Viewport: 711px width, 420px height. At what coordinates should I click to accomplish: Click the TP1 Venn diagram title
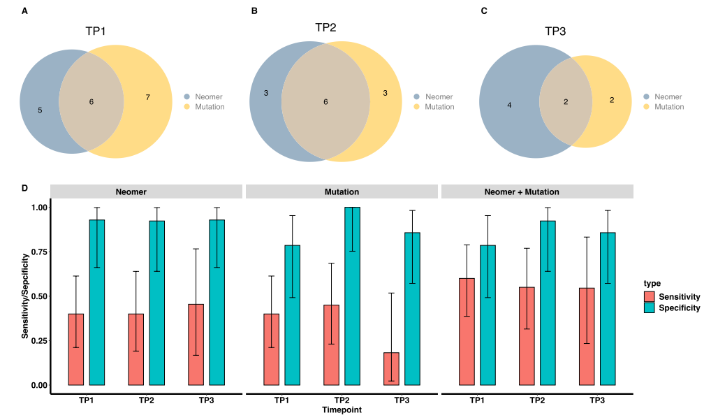(96, 31)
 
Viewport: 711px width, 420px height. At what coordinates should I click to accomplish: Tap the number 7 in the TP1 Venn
(147, 97)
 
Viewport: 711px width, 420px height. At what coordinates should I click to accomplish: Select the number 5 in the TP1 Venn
(40, 110)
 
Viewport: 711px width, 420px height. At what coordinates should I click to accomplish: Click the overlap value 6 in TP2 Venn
(325, 102)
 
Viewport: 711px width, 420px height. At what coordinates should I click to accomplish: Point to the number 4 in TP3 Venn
(509, 106)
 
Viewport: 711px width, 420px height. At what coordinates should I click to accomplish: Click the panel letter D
(25, 188)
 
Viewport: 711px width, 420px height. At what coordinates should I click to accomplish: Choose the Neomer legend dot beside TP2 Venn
(417, 97)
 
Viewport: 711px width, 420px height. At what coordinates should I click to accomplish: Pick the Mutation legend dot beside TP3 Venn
(646, 107)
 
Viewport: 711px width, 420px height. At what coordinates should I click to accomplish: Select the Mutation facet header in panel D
(342, 191)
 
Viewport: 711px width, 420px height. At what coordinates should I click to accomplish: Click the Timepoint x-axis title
(342, 410)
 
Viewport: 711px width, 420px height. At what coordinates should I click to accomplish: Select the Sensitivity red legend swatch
(650, 297)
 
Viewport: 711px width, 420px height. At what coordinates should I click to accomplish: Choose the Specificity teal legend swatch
(650, 307)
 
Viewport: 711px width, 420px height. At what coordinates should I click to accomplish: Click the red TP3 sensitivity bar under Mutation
(391, 369)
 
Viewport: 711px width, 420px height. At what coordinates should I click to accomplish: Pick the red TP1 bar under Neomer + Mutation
(467, 331)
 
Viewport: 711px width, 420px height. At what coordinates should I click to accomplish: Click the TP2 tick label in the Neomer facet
(147, 400)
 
